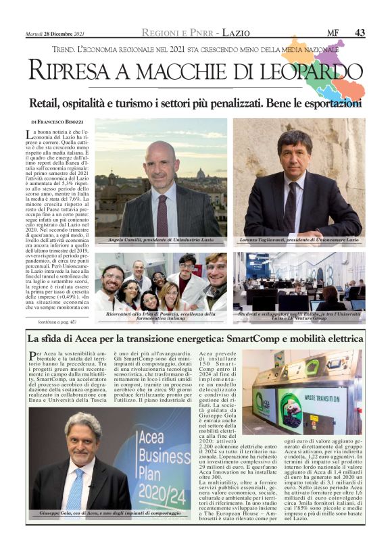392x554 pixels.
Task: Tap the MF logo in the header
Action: [333, 32]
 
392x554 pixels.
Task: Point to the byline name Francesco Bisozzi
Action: [62, 121]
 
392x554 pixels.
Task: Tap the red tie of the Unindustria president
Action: [162, 214]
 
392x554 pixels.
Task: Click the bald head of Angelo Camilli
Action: [160, 150]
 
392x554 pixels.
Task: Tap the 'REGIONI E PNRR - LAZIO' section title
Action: [195, 32]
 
